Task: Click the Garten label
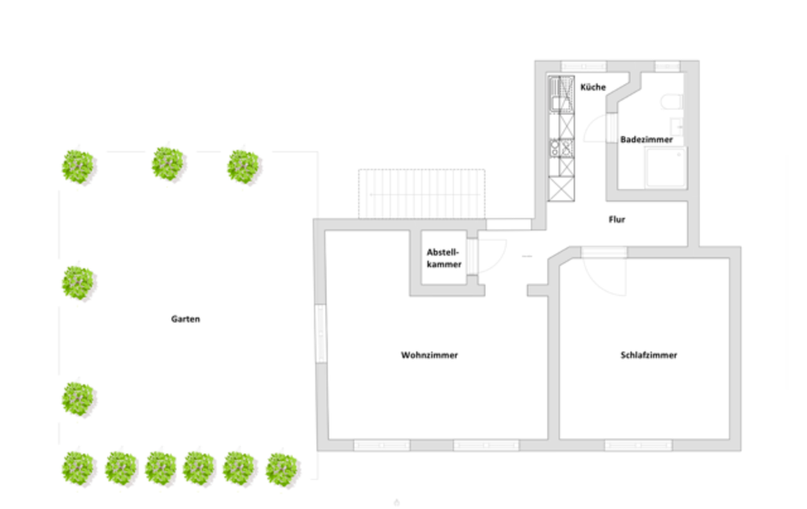pyautogui.click(x=186, y=319)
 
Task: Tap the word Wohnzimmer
pyautogui.click(x=429, y=355)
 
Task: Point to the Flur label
pyautogui.click(x=617, y=220)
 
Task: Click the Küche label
pyautogui.click(x=593, y=87)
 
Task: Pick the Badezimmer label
pyautogui.click(x=646, y=139)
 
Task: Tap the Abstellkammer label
pyautogui.click(x=444, y=258)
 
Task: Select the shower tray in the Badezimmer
pyautogui.click(x=665, y=168)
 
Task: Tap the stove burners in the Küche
pyautogui.click(x=560, y=149)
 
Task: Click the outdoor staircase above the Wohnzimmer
pyautogui.click(x=422, y=193)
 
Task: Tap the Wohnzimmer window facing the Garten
pyautogui.click(x=320, y=333)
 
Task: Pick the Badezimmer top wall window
pyautogui.click(x=667, y=66)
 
